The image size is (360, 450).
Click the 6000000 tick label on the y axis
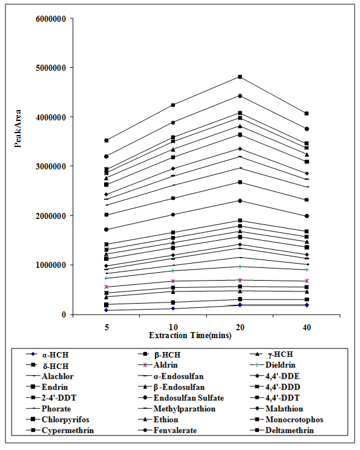click(51, 19)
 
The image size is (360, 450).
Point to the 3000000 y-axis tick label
click(51, 166)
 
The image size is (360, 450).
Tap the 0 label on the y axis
click(64, 315)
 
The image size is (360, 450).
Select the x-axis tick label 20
click(240, 327)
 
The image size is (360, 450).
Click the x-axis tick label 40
click(307, 327)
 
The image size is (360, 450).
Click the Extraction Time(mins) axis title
click(190, 335)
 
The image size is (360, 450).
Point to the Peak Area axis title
click(18, 129)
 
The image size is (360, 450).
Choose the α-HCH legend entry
click(47, 354)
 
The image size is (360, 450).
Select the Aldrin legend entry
click(160, 365)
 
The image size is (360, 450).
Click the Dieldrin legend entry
click(273, 365)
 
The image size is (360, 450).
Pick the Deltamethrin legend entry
click(282, 430)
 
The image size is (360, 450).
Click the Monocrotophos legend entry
click(287, 419)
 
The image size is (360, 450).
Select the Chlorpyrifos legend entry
click(57, 419)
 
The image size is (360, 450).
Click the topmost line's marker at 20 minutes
click(240, 77)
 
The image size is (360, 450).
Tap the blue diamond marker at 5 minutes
click(106, 310)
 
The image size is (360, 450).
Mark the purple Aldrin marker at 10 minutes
click(173, 281)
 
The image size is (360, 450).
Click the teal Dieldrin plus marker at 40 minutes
click(307, 270)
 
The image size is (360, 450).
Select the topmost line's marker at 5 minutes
click(106, 140)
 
